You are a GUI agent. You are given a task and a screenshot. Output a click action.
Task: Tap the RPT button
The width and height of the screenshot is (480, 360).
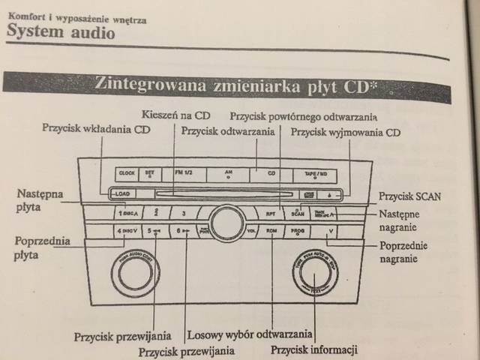pos(271,213)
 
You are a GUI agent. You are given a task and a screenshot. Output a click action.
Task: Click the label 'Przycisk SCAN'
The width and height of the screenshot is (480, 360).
pos(411,196)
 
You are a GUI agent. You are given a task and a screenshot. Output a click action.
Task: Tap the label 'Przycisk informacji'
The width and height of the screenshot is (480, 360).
pos(314,349)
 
